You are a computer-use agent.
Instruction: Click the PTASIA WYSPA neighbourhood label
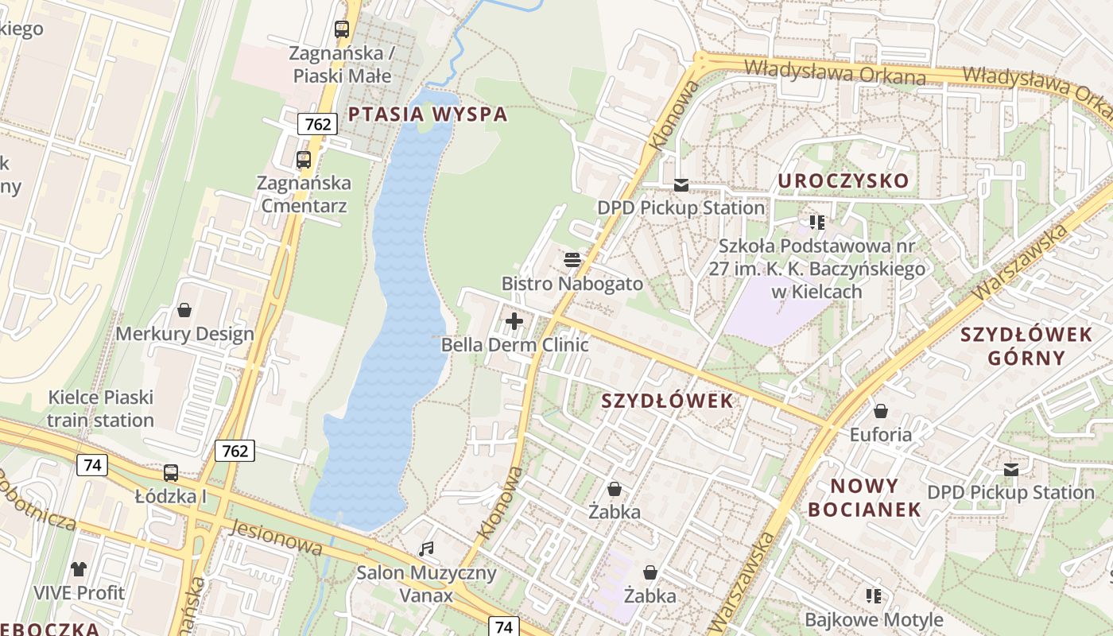(428, 114)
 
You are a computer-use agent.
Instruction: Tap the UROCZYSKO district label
(843, 180)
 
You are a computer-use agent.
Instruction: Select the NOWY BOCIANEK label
(864, 498)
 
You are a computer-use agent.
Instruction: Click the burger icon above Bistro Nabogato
(572, 260)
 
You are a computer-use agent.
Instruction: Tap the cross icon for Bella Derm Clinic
(514, 321)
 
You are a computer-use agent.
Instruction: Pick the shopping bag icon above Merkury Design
(184, 310)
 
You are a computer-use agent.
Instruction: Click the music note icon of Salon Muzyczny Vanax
(427, 549)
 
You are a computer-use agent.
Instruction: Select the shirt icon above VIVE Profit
(79, 568)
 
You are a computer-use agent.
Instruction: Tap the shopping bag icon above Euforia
(880, 411)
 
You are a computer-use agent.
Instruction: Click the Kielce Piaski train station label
(100, 409)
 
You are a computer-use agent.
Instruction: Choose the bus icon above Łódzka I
(170, 473)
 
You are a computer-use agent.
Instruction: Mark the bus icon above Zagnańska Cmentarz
(304, 160)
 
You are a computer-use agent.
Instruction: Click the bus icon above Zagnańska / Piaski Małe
(342, 29)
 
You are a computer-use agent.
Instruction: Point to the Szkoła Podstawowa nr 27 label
(817, 269)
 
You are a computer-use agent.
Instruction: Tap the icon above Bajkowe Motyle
(874, 595)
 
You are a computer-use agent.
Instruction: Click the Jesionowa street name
(277, 537)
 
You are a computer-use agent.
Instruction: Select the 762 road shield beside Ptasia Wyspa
(318, 123)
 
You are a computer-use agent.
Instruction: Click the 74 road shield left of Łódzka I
(92, 465)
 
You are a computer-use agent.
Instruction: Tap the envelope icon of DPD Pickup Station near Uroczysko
(681, 185)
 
